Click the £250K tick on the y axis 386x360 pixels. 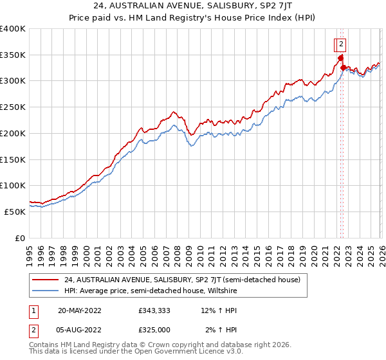[13, 107]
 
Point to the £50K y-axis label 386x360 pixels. [15, 211]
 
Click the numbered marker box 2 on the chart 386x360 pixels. [341, 44]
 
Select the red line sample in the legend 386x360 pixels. [46, 280]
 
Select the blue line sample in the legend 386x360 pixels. [46, 291]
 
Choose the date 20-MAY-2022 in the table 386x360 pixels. [79, 310]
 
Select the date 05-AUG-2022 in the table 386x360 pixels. [79, 330]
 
